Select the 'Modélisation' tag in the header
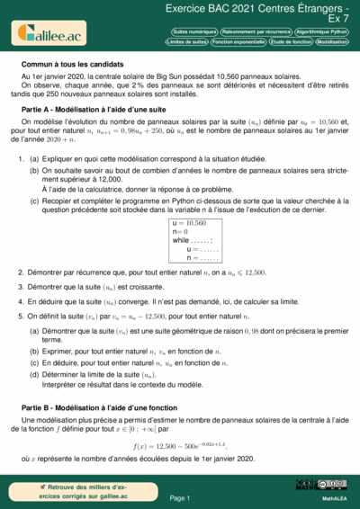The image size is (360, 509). (x=332, y=42)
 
